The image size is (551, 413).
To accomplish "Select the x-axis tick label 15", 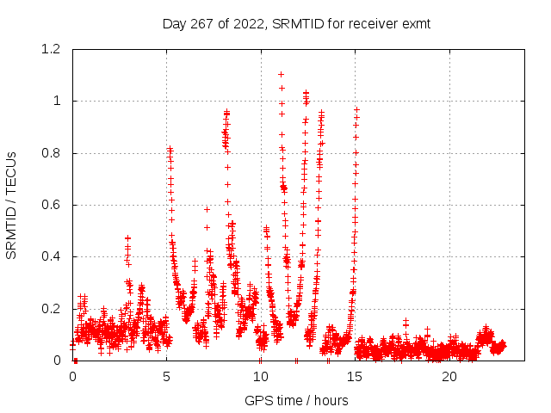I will pos(355,377).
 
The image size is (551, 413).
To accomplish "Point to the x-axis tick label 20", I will pos(449,377).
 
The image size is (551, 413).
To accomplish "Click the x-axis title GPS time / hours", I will pos(296,400).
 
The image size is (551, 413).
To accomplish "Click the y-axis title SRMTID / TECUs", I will pos(12,205).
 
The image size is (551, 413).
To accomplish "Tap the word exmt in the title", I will pos(415,23).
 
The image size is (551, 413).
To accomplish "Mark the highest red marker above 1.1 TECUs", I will pos(281,74).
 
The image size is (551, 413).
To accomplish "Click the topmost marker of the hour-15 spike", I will pos(356,109).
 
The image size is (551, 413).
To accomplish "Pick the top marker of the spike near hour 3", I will pos(127,237).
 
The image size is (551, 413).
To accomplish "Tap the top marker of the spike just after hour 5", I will pos(170,149).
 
